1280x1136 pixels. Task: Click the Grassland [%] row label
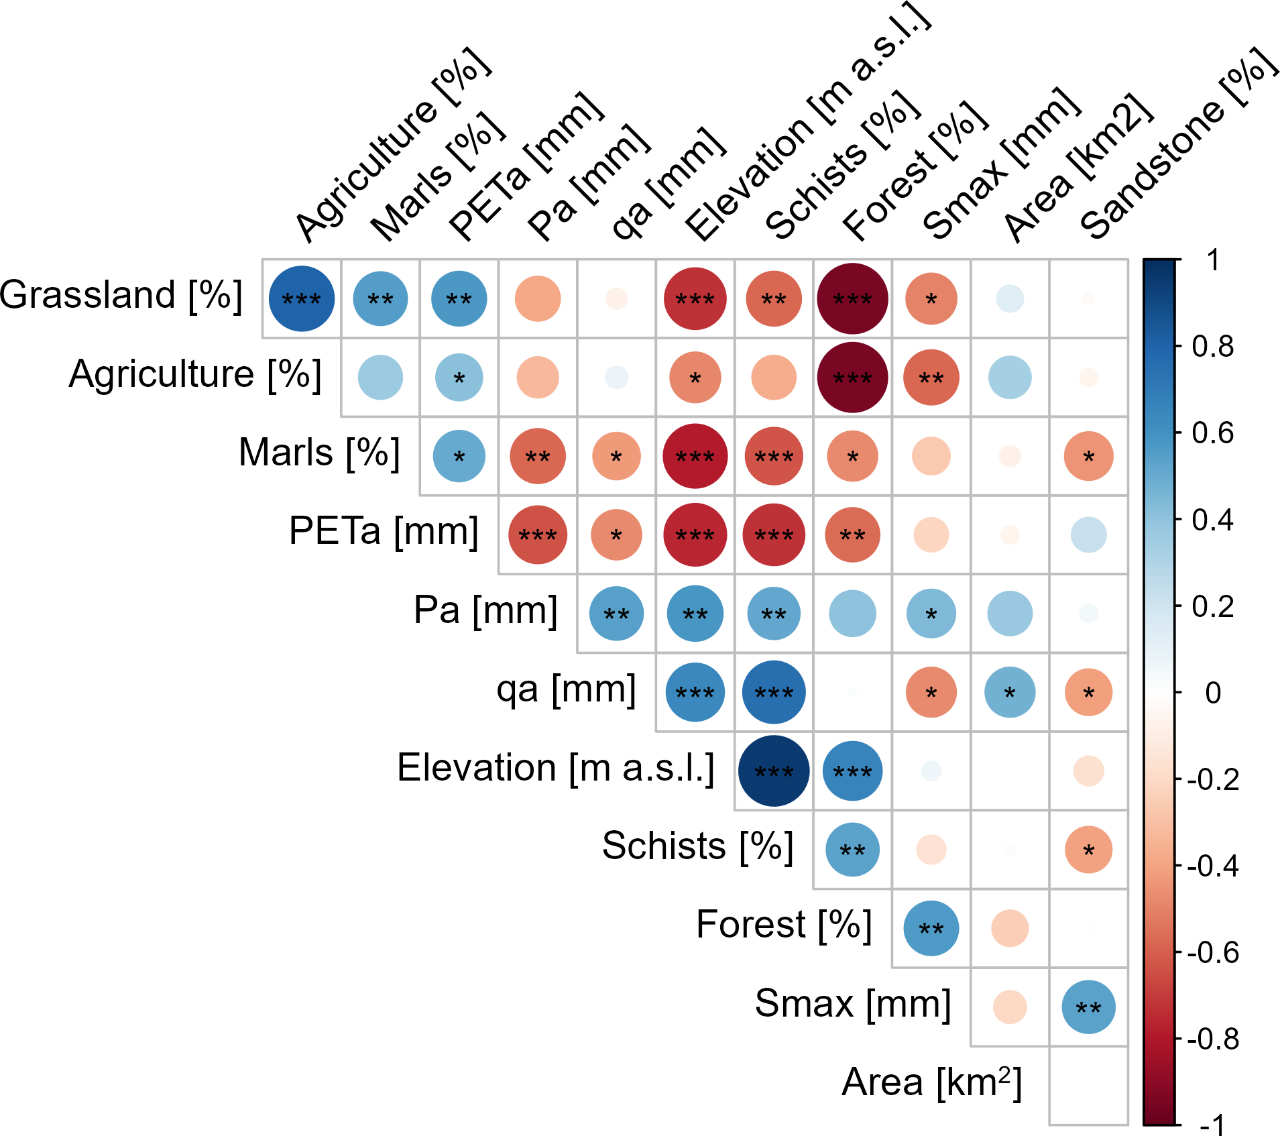[121, 296]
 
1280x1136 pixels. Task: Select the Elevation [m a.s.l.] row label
[555, 768]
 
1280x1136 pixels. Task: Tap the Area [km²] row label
[931, 1082]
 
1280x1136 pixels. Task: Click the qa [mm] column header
[668, 184]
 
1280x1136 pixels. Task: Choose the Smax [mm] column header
[1001, 164]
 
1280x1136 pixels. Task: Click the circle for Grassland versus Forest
[852, 299]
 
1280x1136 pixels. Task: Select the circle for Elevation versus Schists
[774, 771]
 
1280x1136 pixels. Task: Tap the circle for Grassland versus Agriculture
[302, 299]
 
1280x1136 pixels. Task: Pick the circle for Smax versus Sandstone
[1088, 1007]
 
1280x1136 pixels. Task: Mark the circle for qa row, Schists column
[774, 693]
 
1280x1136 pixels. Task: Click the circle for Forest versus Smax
[931, 929]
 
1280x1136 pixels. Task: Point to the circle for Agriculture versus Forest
[852, 378]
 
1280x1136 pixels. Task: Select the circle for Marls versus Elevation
[695, 456]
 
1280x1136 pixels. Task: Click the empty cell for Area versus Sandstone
[1088, 1086]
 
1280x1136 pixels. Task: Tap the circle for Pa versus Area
[1010, 614]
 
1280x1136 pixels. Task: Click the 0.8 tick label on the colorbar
[1212, 347]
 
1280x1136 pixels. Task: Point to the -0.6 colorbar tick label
[1212, 953]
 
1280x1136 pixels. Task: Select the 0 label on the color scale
[1212, 693]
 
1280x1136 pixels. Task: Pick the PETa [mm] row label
[384, 532]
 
